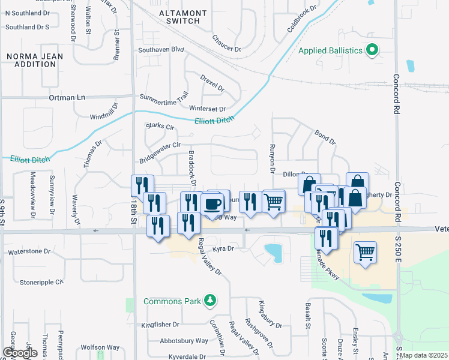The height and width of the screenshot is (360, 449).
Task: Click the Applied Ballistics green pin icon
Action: [372, 50]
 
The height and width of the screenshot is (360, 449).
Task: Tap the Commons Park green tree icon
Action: [209, 300]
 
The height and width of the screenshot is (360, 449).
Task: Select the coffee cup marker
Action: [211, 204]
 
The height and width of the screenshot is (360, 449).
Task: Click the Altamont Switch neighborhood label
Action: [183, 17]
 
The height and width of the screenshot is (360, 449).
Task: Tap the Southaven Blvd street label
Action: [160, 50]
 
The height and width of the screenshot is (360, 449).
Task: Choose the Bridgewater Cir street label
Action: [160, 152]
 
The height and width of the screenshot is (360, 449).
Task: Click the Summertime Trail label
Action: [164, 97]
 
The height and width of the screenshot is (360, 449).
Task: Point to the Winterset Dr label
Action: [207, 109]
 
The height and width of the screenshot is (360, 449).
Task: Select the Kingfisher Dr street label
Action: [160, 325]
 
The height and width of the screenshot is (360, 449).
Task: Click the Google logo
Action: [20, 353]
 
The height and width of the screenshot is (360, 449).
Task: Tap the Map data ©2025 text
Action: [423, 356]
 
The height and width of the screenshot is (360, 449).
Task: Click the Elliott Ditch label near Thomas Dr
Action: [30, 158]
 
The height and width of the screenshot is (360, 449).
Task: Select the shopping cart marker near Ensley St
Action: [365, 253]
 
